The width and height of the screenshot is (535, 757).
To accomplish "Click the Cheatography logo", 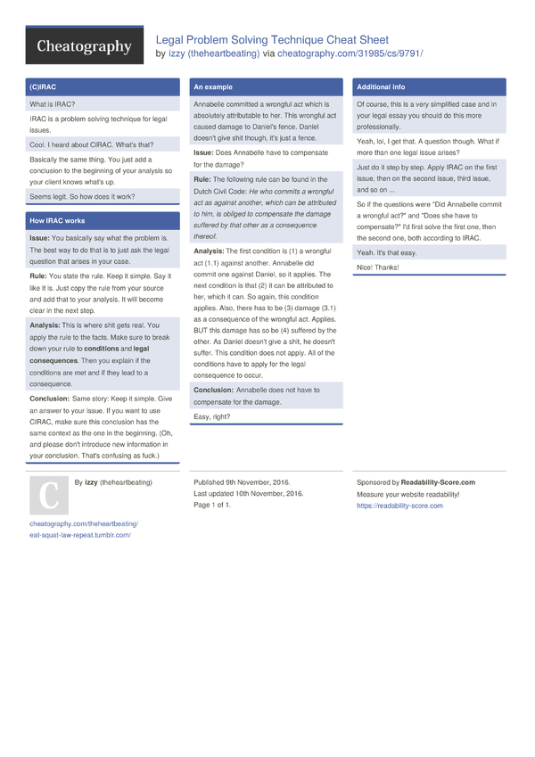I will coord(84,46).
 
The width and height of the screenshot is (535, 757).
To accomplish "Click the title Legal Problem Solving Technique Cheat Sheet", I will coord(272,40).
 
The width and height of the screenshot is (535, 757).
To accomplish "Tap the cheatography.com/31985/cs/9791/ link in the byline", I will coord(350,53).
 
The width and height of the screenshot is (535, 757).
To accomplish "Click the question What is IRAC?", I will coord(53,104).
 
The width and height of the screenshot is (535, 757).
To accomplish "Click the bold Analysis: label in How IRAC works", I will coord(45,325).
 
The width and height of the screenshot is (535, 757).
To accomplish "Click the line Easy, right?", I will coord(212,416).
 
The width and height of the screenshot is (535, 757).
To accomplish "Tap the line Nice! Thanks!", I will coord(378,267).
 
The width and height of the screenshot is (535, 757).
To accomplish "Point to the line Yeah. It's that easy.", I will coord(386,253).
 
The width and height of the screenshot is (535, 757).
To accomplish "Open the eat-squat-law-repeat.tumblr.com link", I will coord(80,535).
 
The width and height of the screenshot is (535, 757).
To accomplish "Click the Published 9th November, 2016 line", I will coord(249,482).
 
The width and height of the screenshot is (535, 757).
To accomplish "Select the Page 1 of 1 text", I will coord(212,506).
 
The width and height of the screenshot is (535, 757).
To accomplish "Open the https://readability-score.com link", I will coord(399,506).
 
